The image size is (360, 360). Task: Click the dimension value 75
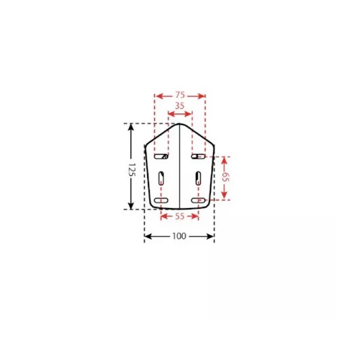pyautogui.click(x=180, y=95)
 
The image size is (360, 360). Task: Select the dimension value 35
pyautogui.click(x=180, y=106)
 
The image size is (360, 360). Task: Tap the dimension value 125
pyautogui.click(x=132, y=170)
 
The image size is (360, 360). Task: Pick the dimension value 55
pyautogui.click(x=180, y=216)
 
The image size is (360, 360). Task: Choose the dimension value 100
pyautogui.click(x=179, y=236)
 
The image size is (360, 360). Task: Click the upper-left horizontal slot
pyautogui.click(x=161, y=157)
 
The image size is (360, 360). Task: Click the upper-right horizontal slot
pyautogui.click(x=198, y=157)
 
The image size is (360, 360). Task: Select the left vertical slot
pyautogui.click(x=161, y=178)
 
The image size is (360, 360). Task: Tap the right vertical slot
pyautogui.click(x=198, y=178)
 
